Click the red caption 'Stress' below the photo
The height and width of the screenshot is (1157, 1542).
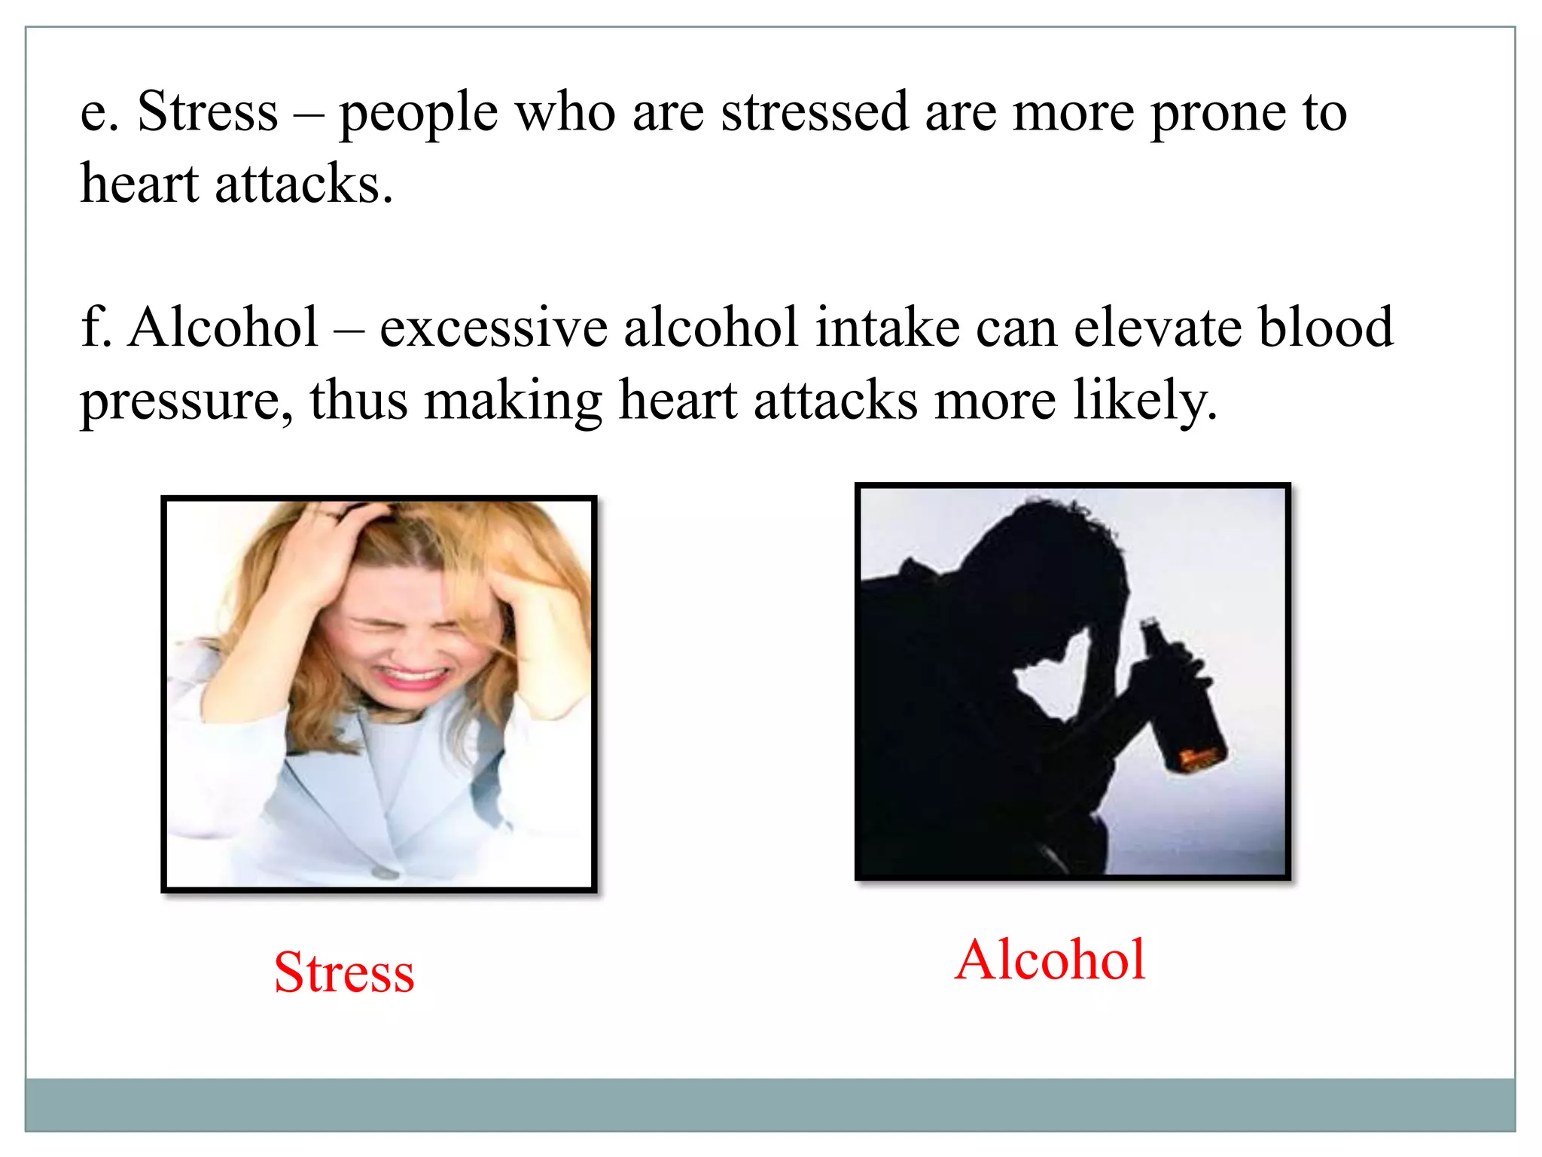(x=344, y=972)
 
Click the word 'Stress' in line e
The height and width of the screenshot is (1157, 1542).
(x=208, y=111)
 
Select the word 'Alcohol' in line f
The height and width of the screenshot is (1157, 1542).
(x=223, y=328)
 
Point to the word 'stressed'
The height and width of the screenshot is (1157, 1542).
(x=815, y=111)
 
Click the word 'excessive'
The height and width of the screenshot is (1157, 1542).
(x=493, y=328)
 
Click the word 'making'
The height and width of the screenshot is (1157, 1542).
(x=513, y=401)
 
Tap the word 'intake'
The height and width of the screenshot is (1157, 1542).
(x=888, y=328)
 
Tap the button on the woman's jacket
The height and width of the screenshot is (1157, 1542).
(x=385, y=872)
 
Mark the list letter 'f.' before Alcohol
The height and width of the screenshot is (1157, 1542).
(x=96, y=328)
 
